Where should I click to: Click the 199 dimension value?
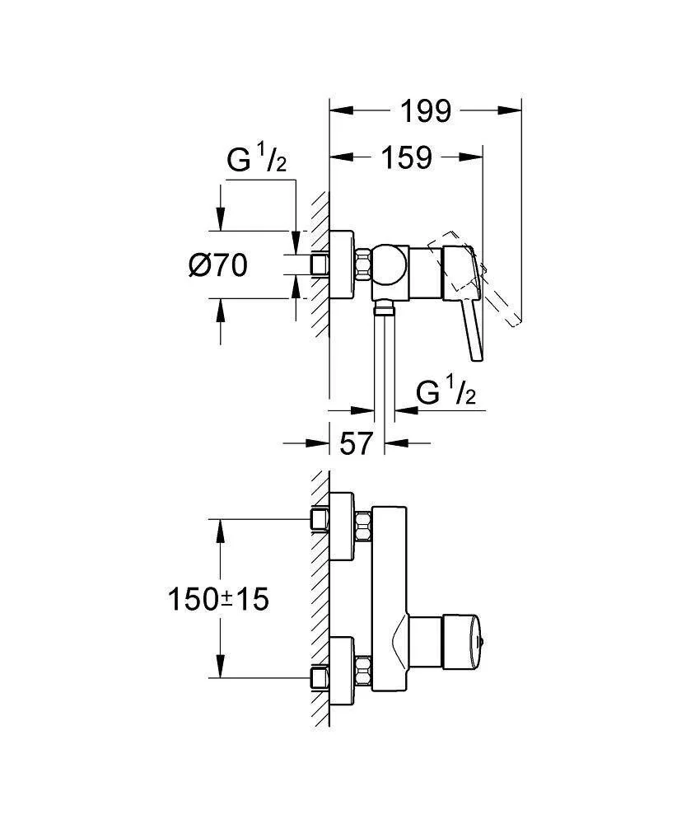426,110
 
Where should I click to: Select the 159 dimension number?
406,157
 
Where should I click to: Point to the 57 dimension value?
357,443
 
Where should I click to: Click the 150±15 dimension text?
217,599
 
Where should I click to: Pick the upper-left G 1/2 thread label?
257,162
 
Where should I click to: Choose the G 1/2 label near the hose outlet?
446,395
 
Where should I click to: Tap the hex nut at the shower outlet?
384,308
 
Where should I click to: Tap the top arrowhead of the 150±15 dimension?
221,527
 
